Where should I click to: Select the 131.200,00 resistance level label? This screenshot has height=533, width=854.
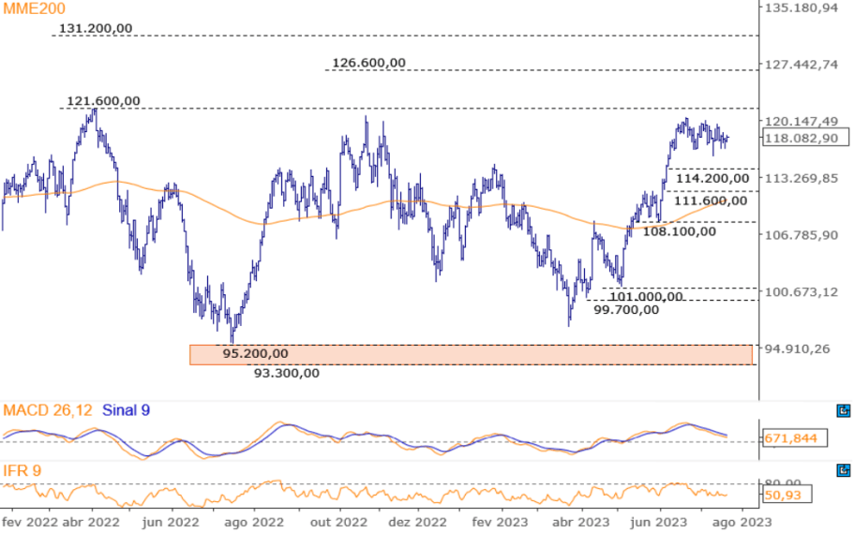tap(96, 28)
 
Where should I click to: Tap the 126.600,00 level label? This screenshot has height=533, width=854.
tap(368, 63)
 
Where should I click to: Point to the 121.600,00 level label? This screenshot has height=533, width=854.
tap(103, 101)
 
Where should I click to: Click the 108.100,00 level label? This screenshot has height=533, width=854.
tap(679, 230)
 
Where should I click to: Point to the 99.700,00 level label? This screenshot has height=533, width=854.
tap(627, 309)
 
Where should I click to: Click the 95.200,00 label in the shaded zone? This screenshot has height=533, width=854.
tap(255, 354)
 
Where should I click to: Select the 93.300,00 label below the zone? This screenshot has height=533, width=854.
tap(287, 373)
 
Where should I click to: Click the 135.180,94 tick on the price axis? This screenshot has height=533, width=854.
tap(802, 8)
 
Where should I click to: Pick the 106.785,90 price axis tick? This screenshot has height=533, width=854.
tap(802, 235)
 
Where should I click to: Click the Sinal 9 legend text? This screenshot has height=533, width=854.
tap(125, 410)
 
